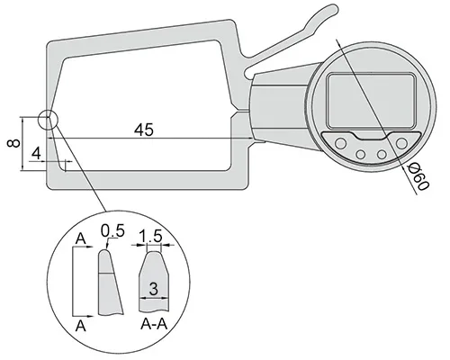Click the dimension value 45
coord(144,130)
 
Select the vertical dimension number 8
coord(13,143)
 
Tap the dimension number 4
coord(36,153)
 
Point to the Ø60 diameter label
coord(418,177)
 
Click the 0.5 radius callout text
coord(112,231)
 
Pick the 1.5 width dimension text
coord(151,236)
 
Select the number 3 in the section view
coord(153,289)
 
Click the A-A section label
coord(154,324)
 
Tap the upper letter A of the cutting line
coord(81,239)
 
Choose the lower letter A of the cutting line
coord(81,326)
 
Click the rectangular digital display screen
coord(371,101)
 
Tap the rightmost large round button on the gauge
coord(401,143)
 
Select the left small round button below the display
coord(360,155)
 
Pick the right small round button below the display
coord(382,155)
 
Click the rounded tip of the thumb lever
coord(333,9)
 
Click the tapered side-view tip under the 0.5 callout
coord(110,283)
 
